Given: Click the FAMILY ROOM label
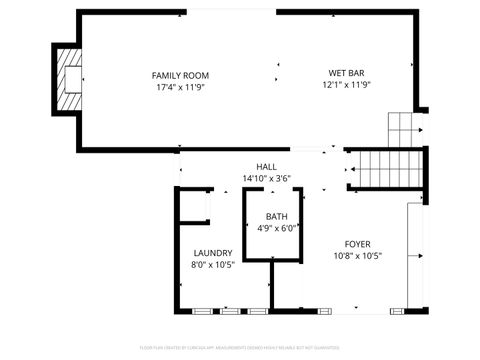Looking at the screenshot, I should point(180,75).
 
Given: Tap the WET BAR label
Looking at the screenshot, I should point(346,72).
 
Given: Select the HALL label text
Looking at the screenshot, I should point(266,167).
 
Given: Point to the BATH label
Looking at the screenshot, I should point(276,217).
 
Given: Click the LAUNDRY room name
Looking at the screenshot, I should point(213,253).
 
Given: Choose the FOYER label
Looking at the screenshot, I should point(357,244).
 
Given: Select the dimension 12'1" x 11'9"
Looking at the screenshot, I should point(346,84).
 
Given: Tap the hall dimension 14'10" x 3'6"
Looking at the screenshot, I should point(266,178).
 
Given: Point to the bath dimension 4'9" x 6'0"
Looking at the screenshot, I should point(276,228).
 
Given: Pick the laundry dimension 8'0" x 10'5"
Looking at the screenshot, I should point(213,265).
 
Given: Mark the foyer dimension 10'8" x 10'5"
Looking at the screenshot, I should point(357,255).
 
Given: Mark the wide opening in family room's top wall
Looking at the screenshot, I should point(231,12).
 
